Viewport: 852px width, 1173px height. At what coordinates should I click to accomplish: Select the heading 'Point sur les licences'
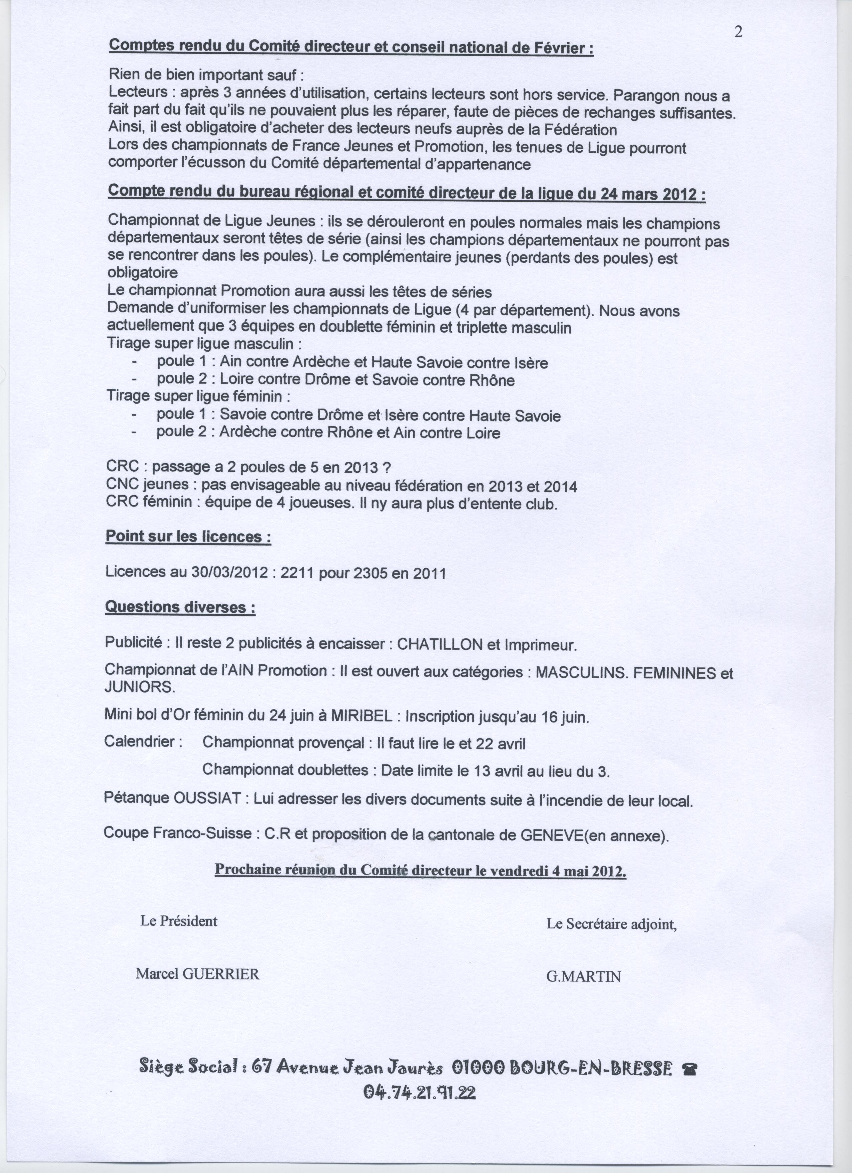(188, 537)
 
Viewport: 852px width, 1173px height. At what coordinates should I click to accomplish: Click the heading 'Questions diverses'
(180, 607)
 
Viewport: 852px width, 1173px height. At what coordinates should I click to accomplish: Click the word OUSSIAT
(207, 800)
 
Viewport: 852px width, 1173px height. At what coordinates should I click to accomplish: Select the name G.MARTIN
(583, 976)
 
